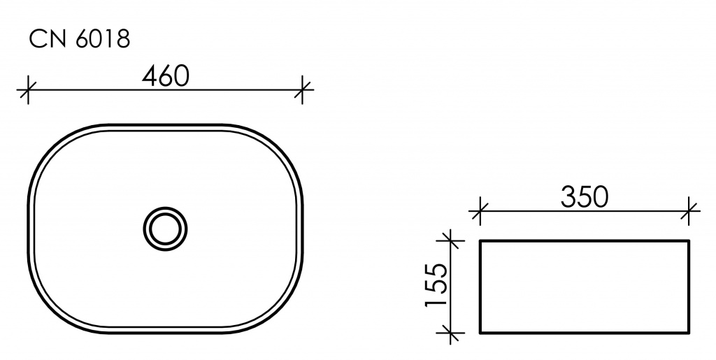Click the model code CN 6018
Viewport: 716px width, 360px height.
coord(80,38)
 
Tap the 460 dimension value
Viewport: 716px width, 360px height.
coord(165,76)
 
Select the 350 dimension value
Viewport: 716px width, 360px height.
coord(585,197)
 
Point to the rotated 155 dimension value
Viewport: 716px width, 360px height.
coord(436,285)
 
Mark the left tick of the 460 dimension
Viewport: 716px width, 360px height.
coord(28,90)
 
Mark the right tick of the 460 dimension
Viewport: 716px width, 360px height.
coord(302,90)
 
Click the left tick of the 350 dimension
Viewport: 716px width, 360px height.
coord(480,211)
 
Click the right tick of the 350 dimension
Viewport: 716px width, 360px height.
coord(689,211)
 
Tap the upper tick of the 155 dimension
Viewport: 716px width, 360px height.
coord(451,240)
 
